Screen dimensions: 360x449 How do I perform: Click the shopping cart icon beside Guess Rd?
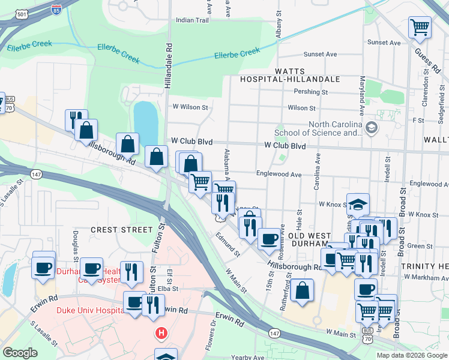[x=420, y=27]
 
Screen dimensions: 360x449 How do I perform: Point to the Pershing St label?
[x=311, y=92]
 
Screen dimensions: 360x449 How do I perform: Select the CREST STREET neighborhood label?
[x=122, y=230]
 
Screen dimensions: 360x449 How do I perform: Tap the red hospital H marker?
[x=160, y=332]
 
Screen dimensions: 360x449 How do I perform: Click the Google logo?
[x=19, y=353]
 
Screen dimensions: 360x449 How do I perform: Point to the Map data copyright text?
[x=412, y=355]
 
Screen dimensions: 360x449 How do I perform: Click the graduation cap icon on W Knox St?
[x=358, y=205]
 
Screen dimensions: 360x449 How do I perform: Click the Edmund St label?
[x=229, y=245]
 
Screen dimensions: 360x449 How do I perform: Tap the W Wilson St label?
[x=190, y=107]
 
